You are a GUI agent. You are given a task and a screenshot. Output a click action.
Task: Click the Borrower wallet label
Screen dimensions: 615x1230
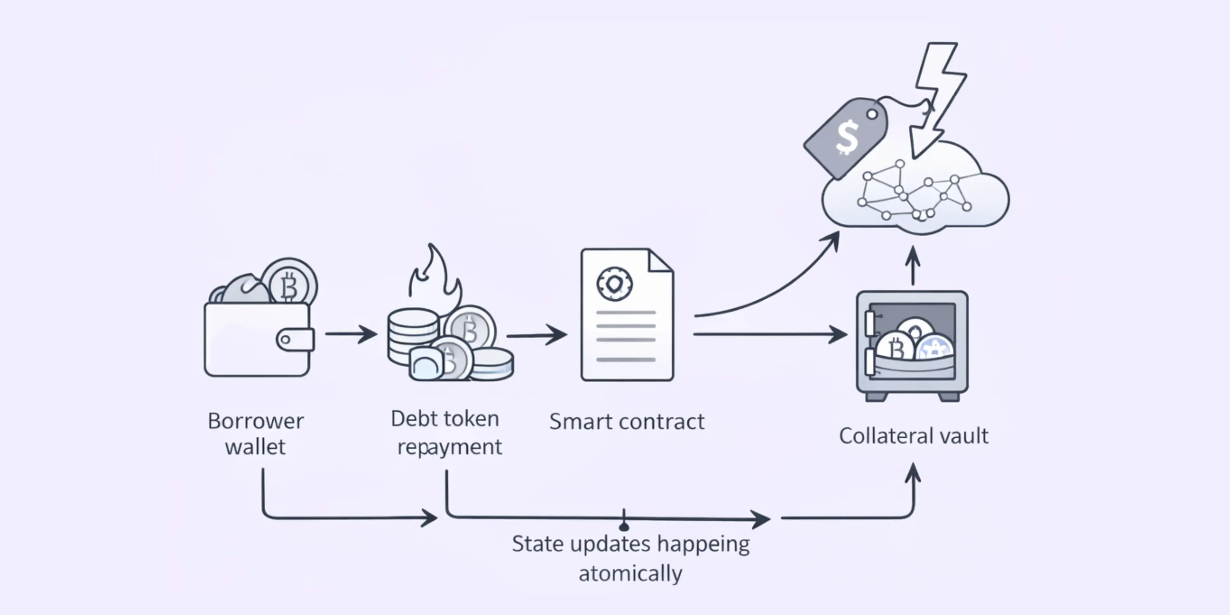point(255,433)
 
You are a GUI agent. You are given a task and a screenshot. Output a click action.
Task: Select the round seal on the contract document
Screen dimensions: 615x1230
point(615,284)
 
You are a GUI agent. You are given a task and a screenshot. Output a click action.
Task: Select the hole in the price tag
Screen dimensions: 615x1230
point(872,114)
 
